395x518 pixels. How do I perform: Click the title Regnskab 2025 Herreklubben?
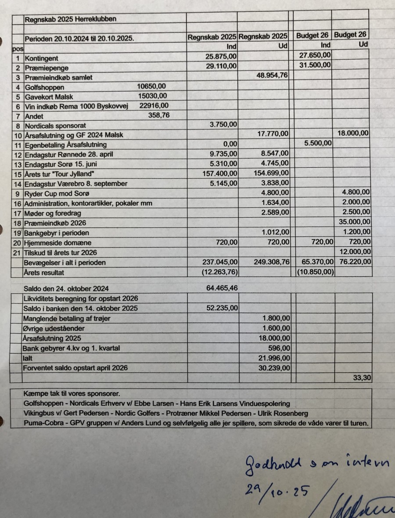71,19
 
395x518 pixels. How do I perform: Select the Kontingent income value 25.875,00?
221,57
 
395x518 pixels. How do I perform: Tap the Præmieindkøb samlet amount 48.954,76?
272,76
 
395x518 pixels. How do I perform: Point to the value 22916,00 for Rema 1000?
154,106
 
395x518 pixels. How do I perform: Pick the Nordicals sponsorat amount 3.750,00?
224,125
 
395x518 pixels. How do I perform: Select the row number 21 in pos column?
18,252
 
